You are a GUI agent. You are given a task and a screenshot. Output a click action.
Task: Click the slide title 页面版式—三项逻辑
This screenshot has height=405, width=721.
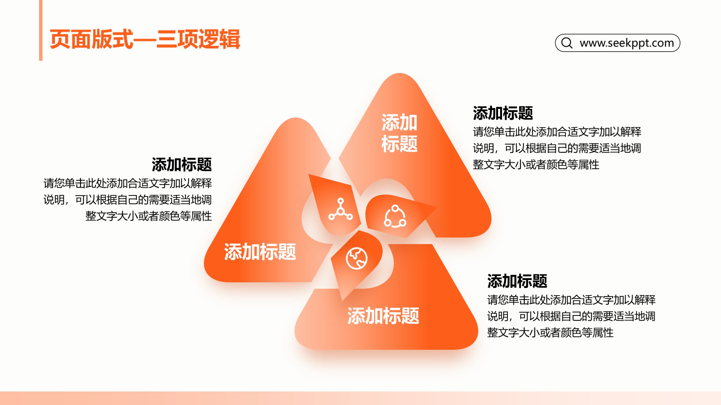pos(145,39)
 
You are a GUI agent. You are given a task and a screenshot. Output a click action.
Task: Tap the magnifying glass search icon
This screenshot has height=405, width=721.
pos(567,43)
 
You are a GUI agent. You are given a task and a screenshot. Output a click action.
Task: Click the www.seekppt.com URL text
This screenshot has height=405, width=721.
pos(627,43)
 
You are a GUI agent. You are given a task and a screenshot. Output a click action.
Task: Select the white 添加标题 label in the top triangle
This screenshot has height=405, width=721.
pos(399,133)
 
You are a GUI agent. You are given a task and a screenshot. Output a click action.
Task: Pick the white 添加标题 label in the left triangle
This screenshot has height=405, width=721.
pos(260,252)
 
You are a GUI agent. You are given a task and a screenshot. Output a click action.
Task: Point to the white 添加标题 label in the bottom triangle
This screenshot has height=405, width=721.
pos(383,316)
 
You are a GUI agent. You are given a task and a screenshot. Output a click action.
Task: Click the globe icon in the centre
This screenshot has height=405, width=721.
pos(357,258)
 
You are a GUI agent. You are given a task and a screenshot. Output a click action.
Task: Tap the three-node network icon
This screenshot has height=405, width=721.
pos(341,209)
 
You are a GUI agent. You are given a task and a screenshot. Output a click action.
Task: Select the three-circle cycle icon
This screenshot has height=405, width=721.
pos(395,216)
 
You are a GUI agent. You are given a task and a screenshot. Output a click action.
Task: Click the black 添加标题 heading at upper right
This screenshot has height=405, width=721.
pos(503,113)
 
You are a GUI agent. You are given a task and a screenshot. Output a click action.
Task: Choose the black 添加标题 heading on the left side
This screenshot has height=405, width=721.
pos(182,164)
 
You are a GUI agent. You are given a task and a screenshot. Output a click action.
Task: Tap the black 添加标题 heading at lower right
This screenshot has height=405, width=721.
pos(517,281)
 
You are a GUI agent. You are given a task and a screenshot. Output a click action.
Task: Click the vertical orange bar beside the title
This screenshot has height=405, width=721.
pos(41,30)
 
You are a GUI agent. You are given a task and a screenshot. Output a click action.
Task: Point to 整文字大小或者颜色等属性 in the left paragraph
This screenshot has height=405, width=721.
pos(149,216)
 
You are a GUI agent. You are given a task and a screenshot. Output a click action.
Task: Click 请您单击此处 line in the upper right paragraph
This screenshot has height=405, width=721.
pos(557,132)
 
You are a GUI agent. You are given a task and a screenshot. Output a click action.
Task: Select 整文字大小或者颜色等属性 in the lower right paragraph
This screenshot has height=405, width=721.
pos(550,332)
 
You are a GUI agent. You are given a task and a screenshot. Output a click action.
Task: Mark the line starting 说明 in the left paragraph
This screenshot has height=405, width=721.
pos(127,200)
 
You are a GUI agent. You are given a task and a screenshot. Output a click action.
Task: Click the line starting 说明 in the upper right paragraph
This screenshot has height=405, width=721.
pos(557,148)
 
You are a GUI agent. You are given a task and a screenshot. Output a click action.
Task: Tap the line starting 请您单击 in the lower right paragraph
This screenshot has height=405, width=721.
pos(571,300)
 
